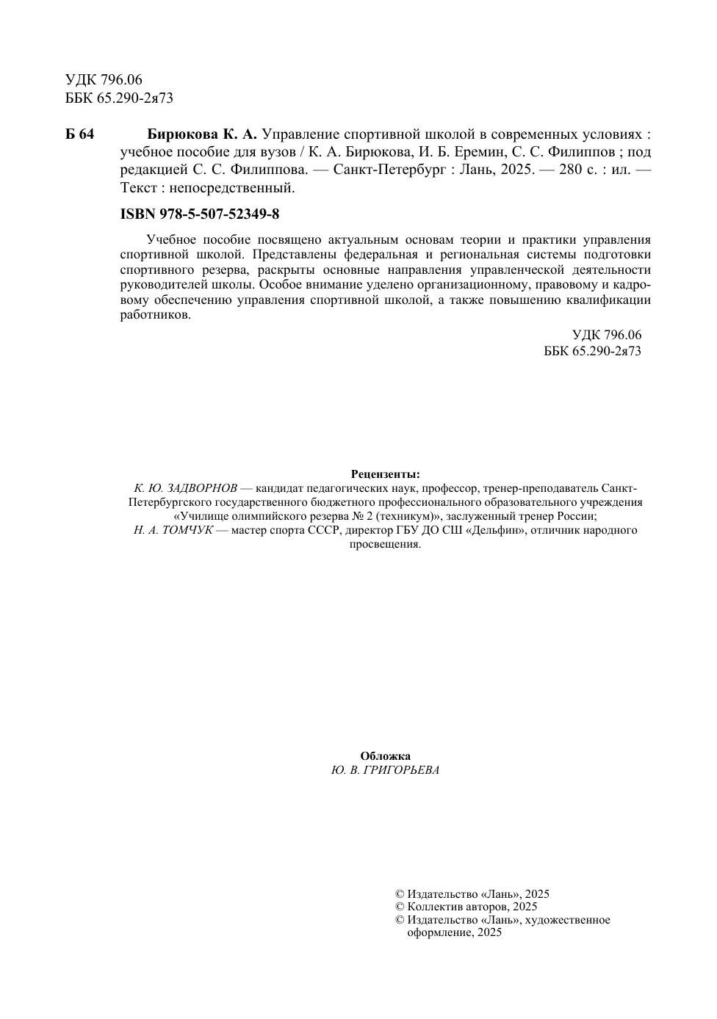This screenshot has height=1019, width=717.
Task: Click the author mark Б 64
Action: tap(79, 135)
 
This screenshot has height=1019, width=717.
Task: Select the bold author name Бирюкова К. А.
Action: tap(202, 135)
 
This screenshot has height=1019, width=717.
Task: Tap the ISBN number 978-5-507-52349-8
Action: tap(218, 214)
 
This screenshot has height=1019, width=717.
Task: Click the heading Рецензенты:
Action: tap(386, 474)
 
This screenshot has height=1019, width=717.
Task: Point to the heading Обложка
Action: tap(385, 756)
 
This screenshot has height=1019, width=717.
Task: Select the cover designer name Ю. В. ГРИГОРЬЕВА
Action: tap(385, 770)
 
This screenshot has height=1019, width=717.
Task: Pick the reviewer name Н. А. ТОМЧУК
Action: tap(173, 530)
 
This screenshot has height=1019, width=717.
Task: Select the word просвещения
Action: tap(385, 544)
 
